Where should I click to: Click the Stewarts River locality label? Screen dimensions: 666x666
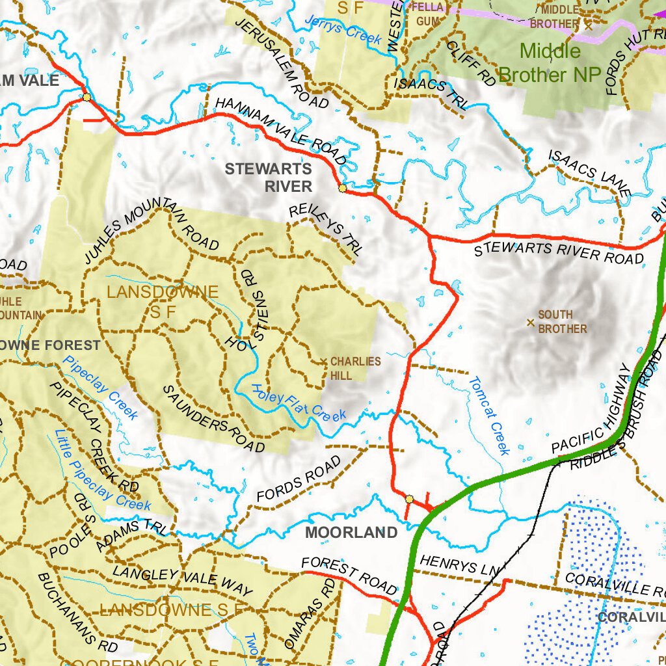[269, 178]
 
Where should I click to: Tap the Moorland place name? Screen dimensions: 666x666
[351, 533]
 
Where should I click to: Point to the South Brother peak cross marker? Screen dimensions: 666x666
[531, 322]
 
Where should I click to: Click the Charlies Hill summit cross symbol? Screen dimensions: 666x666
[323, 362]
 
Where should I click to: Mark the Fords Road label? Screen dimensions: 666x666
[299, 478]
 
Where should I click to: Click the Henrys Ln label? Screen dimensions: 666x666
[458, 564]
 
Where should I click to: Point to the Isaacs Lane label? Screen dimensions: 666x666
[590, 174]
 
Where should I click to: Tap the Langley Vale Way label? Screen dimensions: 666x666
[182, 581]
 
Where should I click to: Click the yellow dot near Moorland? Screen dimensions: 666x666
[409, 499]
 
